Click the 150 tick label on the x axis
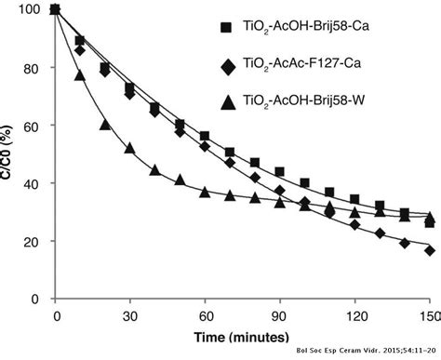pos(428,315)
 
